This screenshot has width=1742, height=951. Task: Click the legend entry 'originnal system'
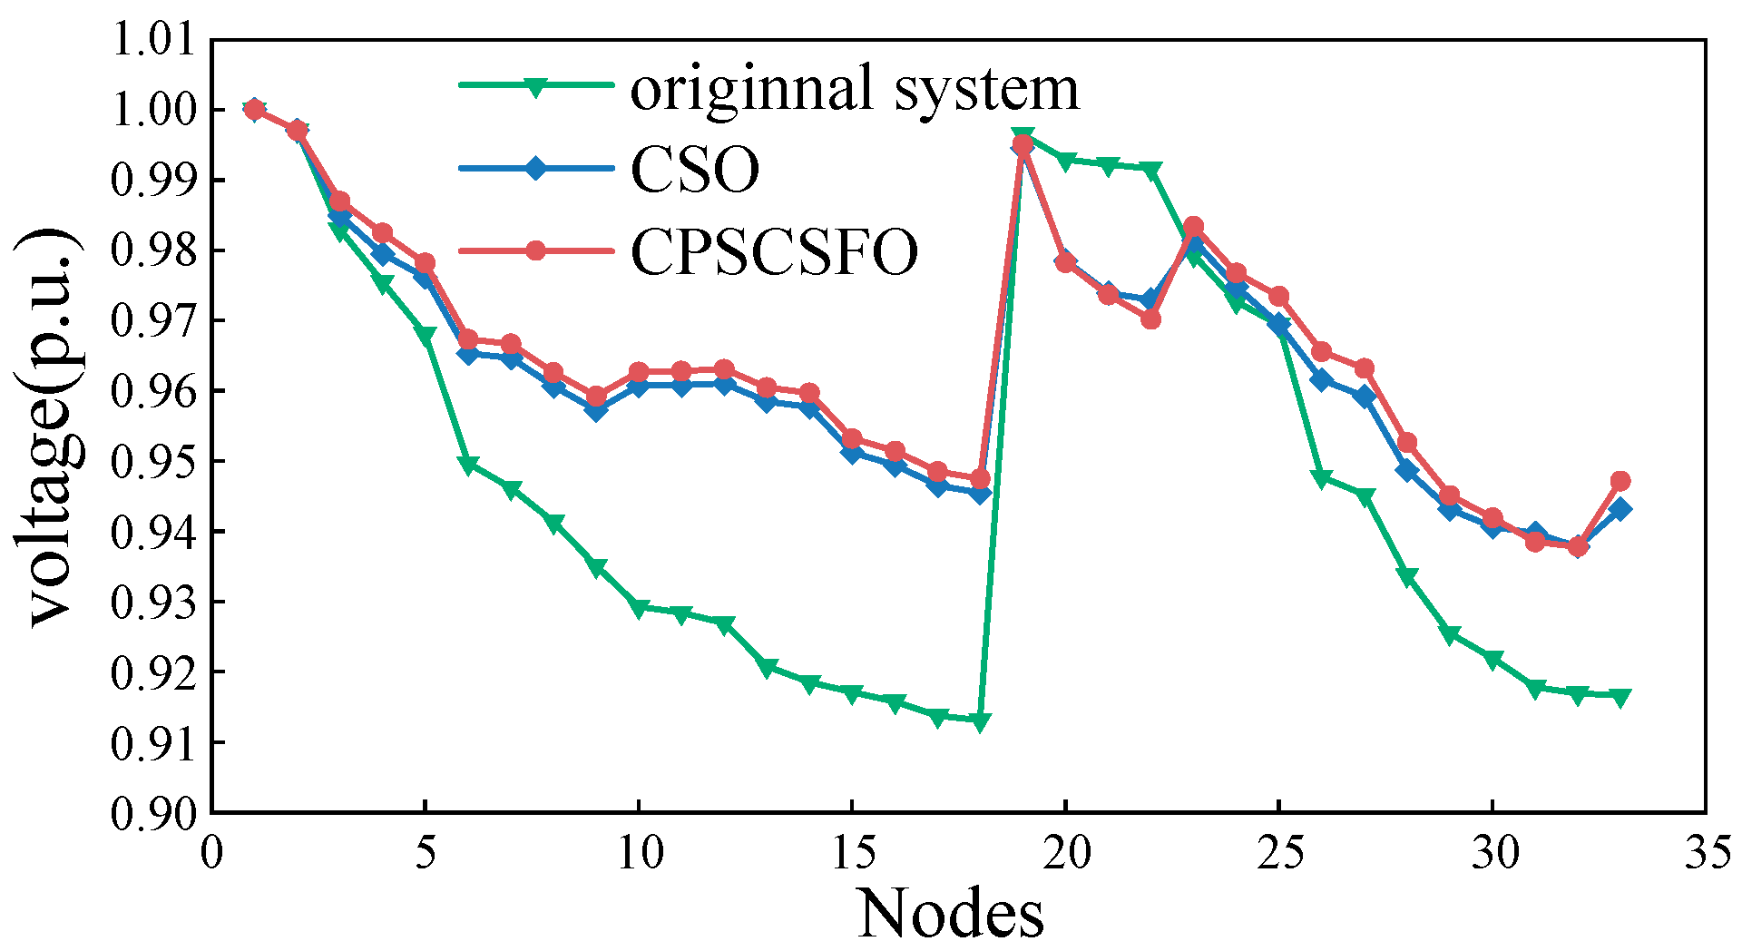pos(855,89)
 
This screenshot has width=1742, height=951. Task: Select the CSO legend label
pos(695,170)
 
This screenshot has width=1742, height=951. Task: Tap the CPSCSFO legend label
pos(774,251)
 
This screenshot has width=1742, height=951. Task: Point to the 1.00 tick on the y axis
pos(152,111)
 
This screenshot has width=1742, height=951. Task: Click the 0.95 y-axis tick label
pos(152,462)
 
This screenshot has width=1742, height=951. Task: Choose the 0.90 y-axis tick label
pos(152,813)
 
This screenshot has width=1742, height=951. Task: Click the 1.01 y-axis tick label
pos(152,41)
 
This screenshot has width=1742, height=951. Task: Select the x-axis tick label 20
pos(1066,853)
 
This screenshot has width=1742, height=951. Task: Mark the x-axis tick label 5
pos(426,853)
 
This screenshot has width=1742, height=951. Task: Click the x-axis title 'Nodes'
pos(951,913)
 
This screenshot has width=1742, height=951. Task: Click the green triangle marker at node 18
pos(981,721)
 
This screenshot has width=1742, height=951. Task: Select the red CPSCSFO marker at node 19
pos(1023,144)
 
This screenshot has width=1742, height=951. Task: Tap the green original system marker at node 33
pos(1620,696)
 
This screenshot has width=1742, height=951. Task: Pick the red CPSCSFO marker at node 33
pos(1620,481)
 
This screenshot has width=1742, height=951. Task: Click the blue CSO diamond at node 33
pos(1620,509)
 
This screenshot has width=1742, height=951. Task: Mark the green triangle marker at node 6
pos(468,465)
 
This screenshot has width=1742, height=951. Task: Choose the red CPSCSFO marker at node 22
pos(1151,319)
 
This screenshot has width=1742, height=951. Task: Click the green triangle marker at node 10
pos(639,608)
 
